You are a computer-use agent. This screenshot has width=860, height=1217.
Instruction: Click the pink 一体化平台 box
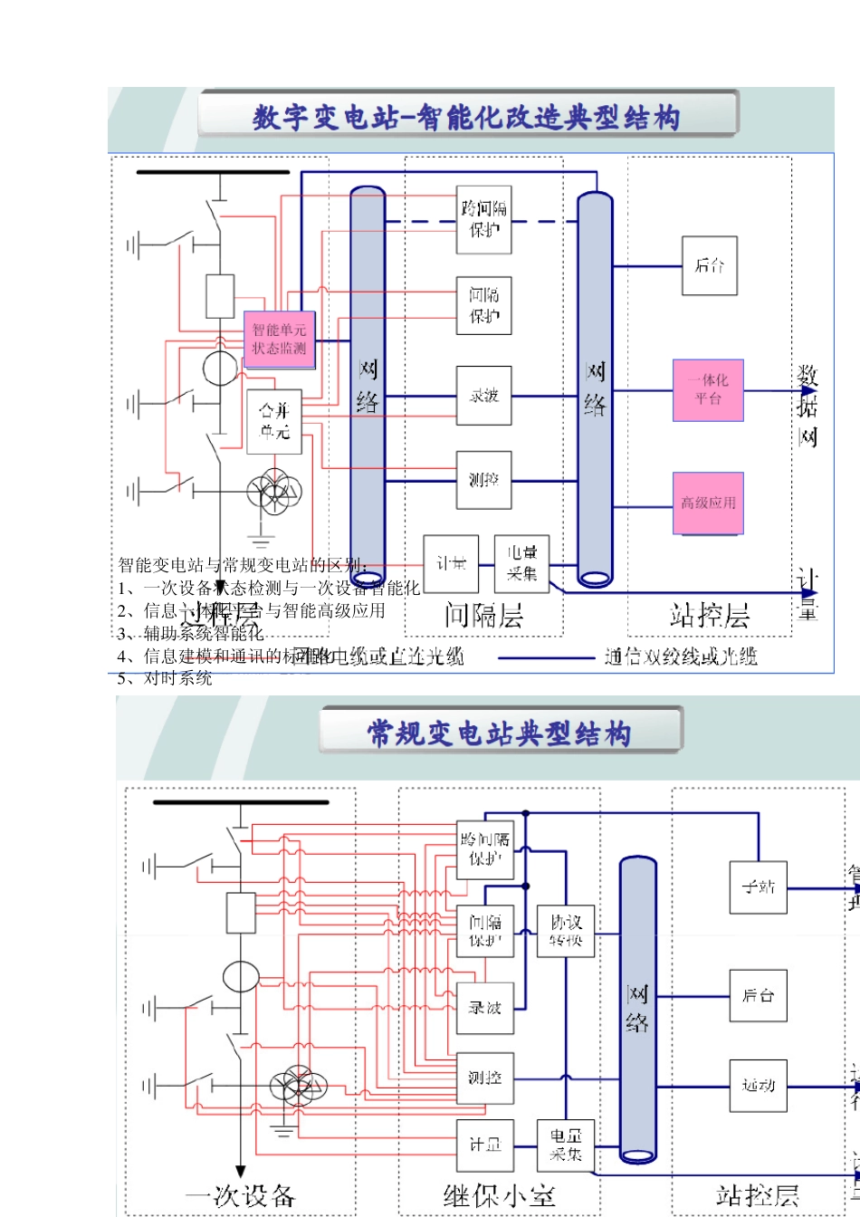point(708,389)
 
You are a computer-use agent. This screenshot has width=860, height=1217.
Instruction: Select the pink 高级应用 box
point(708,503)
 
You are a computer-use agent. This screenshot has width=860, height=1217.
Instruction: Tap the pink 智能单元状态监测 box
point(279,340)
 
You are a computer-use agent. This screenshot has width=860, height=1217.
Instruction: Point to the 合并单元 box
point(274,421)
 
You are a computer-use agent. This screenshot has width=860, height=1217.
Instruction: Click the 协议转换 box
point(566,931)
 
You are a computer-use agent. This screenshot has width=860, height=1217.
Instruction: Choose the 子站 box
point(759,886)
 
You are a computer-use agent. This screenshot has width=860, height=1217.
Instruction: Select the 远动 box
point(759,1085)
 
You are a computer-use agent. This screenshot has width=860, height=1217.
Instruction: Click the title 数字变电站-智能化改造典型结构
point(467,117)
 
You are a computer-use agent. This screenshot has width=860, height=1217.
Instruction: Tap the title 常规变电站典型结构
point(499,733)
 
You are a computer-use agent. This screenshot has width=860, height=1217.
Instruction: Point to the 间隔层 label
point(483,616)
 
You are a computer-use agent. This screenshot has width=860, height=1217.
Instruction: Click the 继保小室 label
point(499,1195)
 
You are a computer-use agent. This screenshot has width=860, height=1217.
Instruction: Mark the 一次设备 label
point(241,1195)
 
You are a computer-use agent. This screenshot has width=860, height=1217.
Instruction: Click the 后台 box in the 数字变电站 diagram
point(710,265)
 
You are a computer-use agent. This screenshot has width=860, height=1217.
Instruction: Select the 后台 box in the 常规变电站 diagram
point(759,996)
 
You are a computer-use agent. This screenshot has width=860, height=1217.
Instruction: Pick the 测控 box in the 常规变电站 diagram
point(485,1078)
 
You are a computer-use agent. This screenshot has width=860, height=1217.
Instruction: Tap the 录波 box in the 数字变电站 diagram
point(484,396)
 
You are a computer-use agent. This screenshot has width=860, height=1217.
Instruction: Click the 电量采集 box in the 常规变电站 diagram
point(566,1145)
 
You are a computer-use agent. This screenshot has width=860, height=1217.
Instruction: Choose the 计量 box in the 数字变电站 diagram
point(451,564)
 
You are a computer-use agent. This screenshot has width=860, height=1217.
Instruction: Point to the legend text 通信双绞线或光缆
point(681,656)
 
